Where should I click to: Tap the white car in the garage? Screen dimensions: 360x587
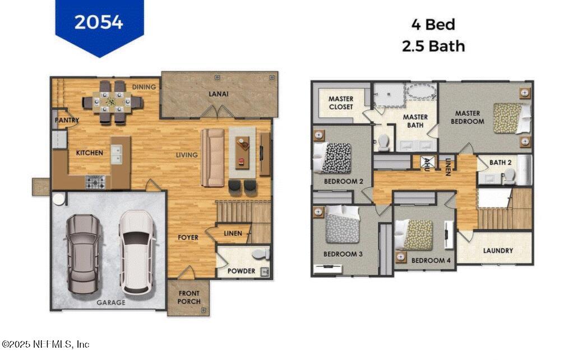tap(136, 252)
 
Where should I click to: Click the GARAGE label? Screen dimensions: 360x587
tap(110, 302)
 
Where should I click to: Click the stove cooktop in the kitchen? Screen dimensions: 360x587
tap(95, 182)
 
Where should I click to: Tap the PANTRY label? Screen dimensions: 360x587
tap(67, 120)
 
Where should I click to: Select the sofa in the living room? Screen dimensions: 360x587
tap(213, 158)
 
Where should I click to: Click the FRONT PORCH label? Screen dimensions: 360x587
tap(189, 297)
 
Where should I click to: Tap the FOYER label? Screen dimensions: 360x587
tap(188, 237)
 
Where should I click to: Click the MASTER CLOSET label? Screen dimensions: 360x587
tap(341, 103)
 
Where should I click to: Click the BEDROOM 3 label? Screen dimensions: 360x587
tap(343, 254)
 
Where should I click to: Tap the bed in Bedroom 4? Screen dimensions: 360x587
tap(415, 234)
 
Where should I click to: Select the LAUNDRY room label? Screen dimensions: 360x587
tap(498, 251)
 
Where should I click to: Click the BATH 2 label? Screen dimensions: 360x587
tap(501, 163)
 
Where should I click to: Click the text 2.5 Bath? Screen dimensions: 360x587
tap(433, 46)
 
